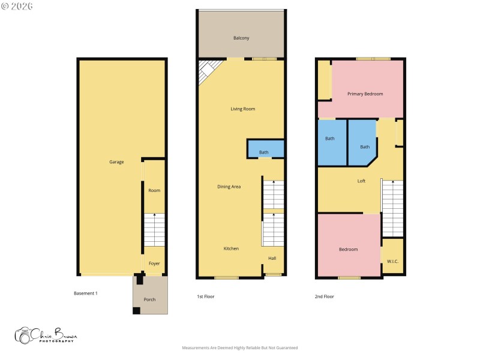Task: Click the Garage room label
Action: coord(116,162)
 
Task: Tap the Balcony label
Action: coord(241,38)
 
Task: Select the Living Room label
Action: coord(243,109)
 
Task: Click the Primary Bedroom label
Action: coord(365,94)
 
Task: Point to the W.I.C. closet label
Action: coord(393,261)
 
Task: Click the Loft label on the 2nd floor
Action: coord(361,181)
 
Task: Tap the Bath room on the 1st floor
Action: coord(264,152)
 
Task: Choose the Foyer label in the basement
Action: coord(154,263)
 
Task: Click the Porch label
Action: coord(149,299)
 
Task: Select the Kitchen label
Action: coord(232,248)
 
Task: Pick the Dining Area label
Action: coord(229,187)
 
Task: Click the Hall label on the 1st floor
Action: coord(272,258)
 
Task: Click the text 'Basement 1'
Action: coord(85,293)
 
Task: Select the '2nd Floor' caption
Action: coord(324,296)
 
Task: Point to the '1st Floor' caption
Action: coord(206,296)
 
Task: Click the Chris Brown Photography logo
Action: coord(46,335)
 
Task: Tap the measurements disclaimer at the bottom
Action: coord(240,348)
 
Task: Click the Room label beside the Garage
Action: coord(154,191)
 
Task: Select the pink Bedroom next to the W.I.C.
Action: coord(348,250)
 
